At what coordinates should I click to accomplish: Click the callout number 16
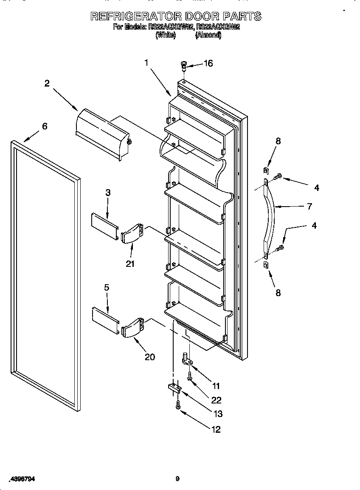click(x=208, y=63)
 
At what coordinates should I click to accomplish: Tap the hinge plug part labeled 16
click(x=184, y=65)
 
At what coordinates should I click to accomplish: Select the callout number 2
click(x=47, y=83)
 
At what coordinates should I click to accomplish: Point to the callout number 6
click(x=44, y=126)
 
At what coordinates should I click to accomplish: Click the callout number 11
click(x=216, y=386)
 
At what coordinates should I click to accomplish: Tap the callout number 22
click(x=216, y=400)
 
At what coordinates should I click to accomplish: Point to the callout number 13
click(x=218, y=414)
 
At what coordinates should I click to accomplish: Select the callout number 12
click(x=216, y=429)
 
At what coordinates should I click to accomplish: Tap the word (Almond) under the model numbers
click(x=208, y=36)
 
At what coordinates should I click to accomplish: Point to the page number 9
click(x=178, y=479)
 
